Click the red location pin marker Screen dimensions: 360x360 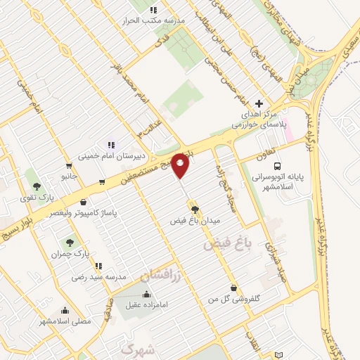[181, 165]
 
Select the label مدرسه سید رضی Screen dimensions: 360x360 [98, 277]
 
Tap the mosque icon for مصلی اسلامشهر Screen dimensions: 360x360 [65, 310]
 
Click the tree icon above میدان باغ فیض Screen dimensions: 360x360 [195, 209]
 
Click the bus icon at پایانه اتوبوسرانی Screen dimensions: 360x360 [278, 166]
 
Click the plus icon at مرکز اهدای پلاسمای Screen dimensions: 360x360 [259, 103]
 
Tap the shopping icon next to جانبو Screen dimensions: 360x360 [68, 167]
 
